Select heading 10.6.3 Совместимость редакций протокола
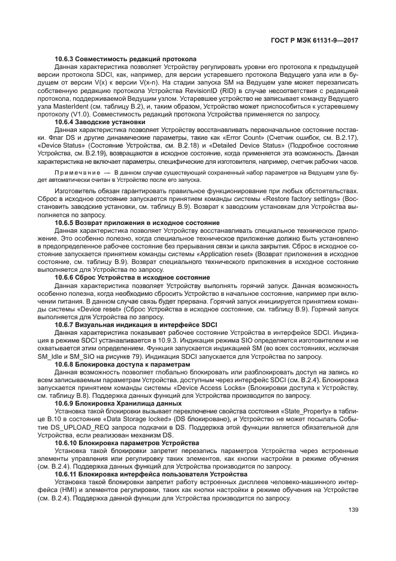point(126,59)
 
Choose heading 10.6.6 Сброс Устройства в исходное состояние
point(132,277)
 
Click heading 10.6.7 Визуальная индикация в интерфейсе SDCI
point(135,325)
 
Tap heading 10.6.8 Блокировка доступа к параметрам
point(122,364)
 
